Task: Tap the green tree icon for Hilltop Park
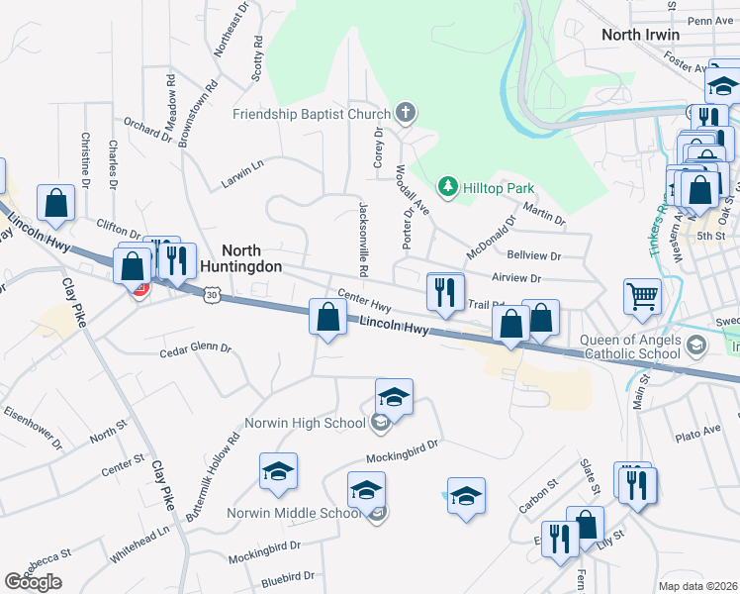tap(448, 186)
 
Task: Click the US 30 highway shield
tap(212, 294)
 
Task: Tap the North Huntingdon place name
tap(240, 259)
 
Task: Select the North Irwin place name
tap(641, 35)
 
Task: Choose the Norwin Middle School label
tap(293, 513)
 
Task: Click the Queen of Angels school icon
tap(695, 345)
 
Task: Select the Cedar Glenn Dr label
tap(195, 349)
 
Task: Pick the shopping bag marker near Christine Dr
tap(56, 202)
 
